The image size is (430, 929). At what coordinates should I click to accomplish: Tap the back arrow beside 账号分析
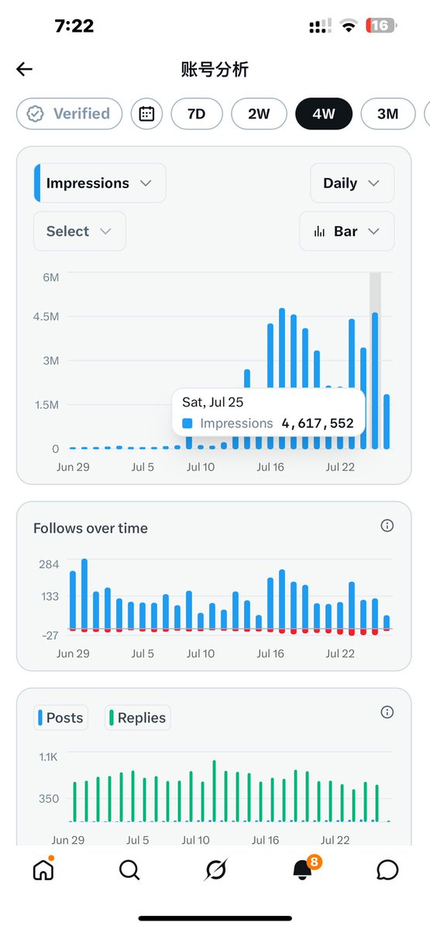24,69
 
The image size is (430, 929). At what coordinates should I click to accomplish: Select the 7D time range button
196,114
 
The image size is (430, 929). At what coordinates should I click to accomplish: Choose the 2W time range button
259,114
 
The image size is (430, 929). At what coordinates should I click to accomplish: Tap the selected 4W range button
324,114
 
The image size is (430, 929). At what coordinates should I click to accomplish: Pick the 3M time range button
387,114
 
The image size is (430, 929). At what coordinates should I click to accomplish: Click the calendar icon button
146,114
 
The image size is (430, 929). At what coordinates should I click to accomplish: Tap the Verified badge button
69,114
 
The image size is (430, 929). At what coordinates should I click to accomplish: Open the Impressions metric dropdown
100,183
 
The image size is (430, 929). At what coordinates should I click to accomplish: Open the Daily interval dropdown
352,183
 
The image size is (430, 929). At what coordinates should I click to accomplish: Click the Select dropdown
79,231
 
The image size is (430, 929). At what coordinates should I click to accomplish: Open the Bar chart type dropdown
346,231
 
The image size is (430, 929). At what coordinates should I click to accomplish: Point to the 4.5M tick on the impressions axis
46,317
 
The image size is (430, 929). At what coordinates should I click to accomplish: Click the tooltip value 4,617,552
318,423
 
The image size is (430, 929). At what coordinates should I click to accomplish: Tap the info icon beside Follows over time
387,526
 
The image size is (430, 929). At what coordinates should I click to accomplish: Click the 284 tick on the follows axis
49,564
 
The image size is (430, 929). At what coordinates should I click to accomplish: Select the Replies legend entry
137,718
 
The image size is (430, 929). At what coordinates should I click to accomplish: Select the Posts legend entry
60,718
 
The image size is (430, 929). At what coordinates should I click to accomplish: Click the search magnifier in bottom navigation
129,869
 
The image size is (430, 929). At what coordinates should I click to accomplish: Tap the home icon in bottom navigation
43,869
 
